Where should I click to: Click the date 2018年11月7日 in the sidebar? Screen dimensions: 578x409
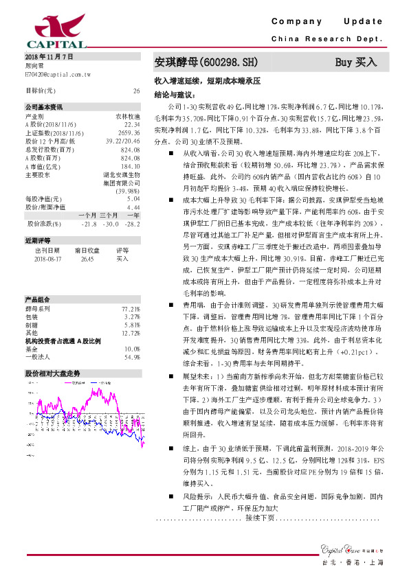pos(49,55)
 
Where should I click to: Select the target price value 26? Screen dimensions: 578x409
pos(136,91)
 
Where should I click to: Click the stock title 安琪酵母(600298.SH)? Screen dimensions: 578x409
pos(206,62)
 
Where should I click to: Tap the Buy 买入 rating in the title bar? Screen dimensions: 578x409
pos(356,62)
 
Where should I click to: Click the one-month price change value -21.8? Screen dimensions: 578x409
pos(89,224)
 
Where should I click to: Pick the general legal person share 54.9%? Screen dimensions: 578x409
pos(132,357)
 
